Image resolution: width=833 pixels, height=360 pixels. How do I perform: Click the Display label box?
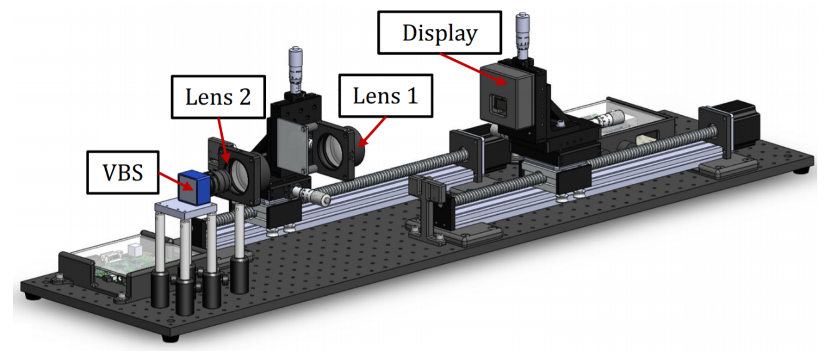click(x=440, y=33)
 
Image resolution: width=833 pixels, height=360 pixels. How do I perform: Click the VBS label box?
click(x=122, y=171)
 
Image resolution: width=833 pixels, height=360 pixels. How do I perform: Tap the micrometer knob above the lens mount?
click(x=294, y=69)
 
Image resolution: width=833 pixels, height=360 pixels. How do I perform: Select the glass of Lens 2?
click(x=239, y=175)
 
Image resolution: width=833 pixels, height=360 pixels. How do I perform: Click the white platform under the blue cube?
click(x=184, y=209)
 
